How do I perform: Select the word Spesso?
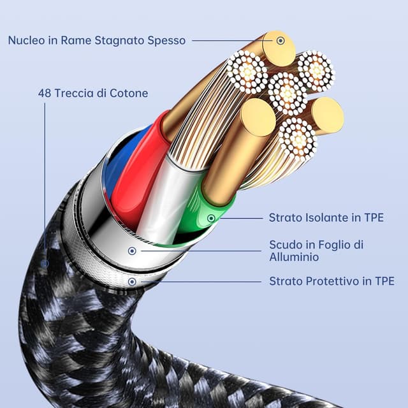coord(168,40)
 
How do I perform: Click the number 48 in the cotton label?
coord(45,94)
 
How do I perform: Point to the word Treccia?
coord(75,94)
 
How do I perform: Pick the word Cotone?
coord(128,94)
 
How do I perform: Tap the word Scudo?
coord(285,245)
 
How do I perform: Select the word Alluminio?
coord(294,257)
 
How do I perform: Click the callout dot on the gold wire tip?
coord(280,40)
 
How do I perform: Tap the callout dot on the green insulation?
coord(211,219)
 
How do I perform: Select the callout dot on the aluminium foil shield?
coord(132,251)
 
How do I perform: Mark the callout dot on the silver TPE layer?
coord(132,281)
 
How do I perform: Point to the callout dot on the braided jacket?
coord(45,263)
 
